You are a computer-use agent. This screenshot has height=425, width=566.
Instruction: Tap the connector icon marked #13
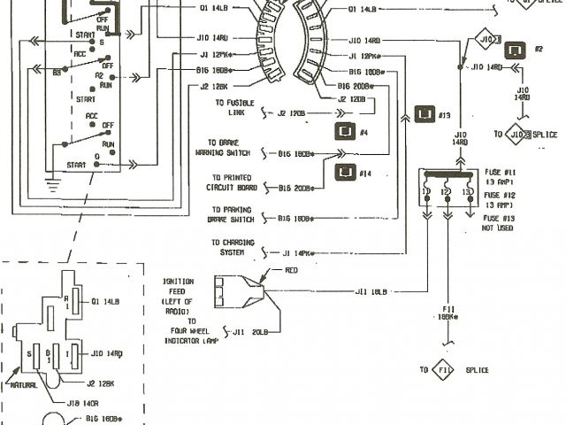(425, 114)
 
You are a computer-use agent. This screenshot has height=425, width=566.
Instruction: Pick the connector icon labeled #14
(346, 171)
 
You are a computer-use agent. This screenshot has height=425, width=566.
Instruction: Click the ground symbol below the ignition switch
(50, 186)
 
